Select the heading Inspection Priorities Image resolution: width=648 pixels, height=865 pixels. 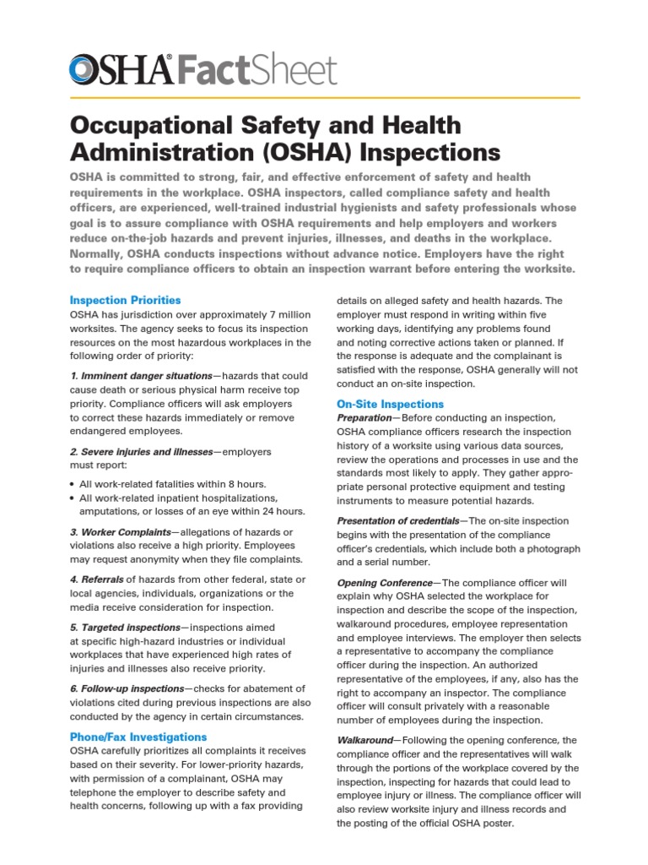(x=125, y=300)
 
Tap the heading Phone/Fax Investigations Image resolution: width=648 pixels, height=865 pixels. (x=138, y=737)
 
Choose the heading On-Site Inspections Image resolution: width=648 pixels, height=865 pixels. (x=390, y=404)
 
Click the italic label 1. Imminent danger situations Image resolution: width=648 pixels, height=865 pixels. (x=141, y=375)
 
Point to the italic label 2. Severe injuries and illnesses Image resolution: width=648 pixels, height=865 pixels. (x=142, y=451)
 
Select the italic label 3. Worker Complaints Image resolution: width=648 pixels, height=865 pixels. (x=120, y=531)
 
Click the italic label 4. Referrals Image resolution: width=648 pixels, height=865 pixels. (x=96, y=579)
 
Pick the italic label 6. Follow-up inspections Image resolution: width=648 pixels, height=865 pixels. (x=127, y=688)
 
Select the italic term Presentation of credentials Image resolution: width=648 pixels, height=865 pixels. (x=397, y=521)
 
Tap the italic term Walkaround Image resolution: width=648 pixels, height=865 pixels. (x=364, y=740)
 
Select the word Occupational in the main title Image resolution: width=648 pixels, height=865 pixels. (x=144, y=125)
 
